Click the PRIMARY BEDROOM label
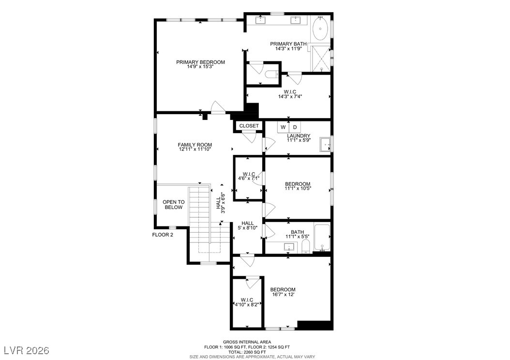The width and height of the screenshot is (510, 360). coord(200,62)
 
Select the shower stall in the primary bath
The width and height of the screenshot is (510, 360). coord(320,59)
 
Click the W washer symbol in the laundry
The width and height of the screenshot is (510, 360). coord(283,127)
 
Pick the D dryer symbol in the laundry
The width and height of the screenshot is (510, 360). coord(295,127)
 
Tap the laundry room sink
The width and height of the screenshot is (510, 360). coord(325,145)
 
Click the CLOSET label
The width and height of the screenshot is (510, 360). coord(249,126)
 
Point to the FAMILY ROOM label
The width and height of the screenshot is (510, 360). coord(195,145)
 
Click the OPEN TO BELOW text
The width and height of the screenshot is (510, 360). coord(174,205)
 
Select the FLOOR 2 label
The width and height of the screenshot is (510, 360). coord(163,235)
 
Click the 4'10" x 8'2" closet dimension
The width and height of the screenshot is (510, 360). coord(247,305)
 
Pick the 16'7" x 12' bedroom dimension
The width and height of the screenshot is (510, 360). coord(283,295)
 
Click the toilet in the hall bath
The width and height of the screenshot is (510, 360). coord(305,247)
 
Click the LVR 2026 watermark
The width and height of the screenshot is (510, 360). coord(27,350)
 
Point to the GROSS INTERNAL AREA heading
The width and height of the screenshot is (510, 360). coord(247,342)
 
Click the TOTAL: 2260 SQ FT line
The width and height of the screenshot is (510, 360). coord(247,352)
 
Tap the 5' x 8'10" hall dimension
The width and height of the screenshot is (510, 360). coord(248,228)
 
